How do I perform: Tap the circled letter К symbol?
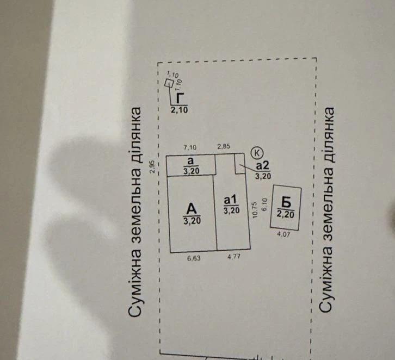click(257, 153)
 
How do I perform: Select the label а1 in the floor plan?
click(230, 200)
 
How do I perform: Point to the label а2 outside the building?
click(263, 165)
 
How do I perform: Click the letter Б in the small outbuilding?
click(286, 202)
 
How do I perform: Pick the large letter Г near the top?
click(180, 98)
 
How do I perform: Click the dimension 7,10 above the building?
click(190, 147)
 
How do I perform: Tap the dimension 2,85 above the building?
click(224, 146)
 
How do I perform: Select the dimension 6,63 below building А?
click(194, 258)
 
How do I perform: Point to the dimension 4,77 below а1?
click(234, 257)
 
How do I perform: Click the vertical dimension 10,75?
click(255, 209)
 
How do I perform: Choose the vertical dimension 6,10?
click(264, 204)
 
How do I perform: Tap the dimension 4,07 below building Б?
click(283, 234)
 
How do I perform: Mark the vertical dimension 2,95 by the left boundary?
click(152, 167)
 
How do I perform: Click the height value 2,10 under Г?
click(180, 110)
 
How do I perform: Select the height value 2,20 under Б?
click(286, 214)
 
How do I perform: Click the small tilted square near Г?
click(169, 83)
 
